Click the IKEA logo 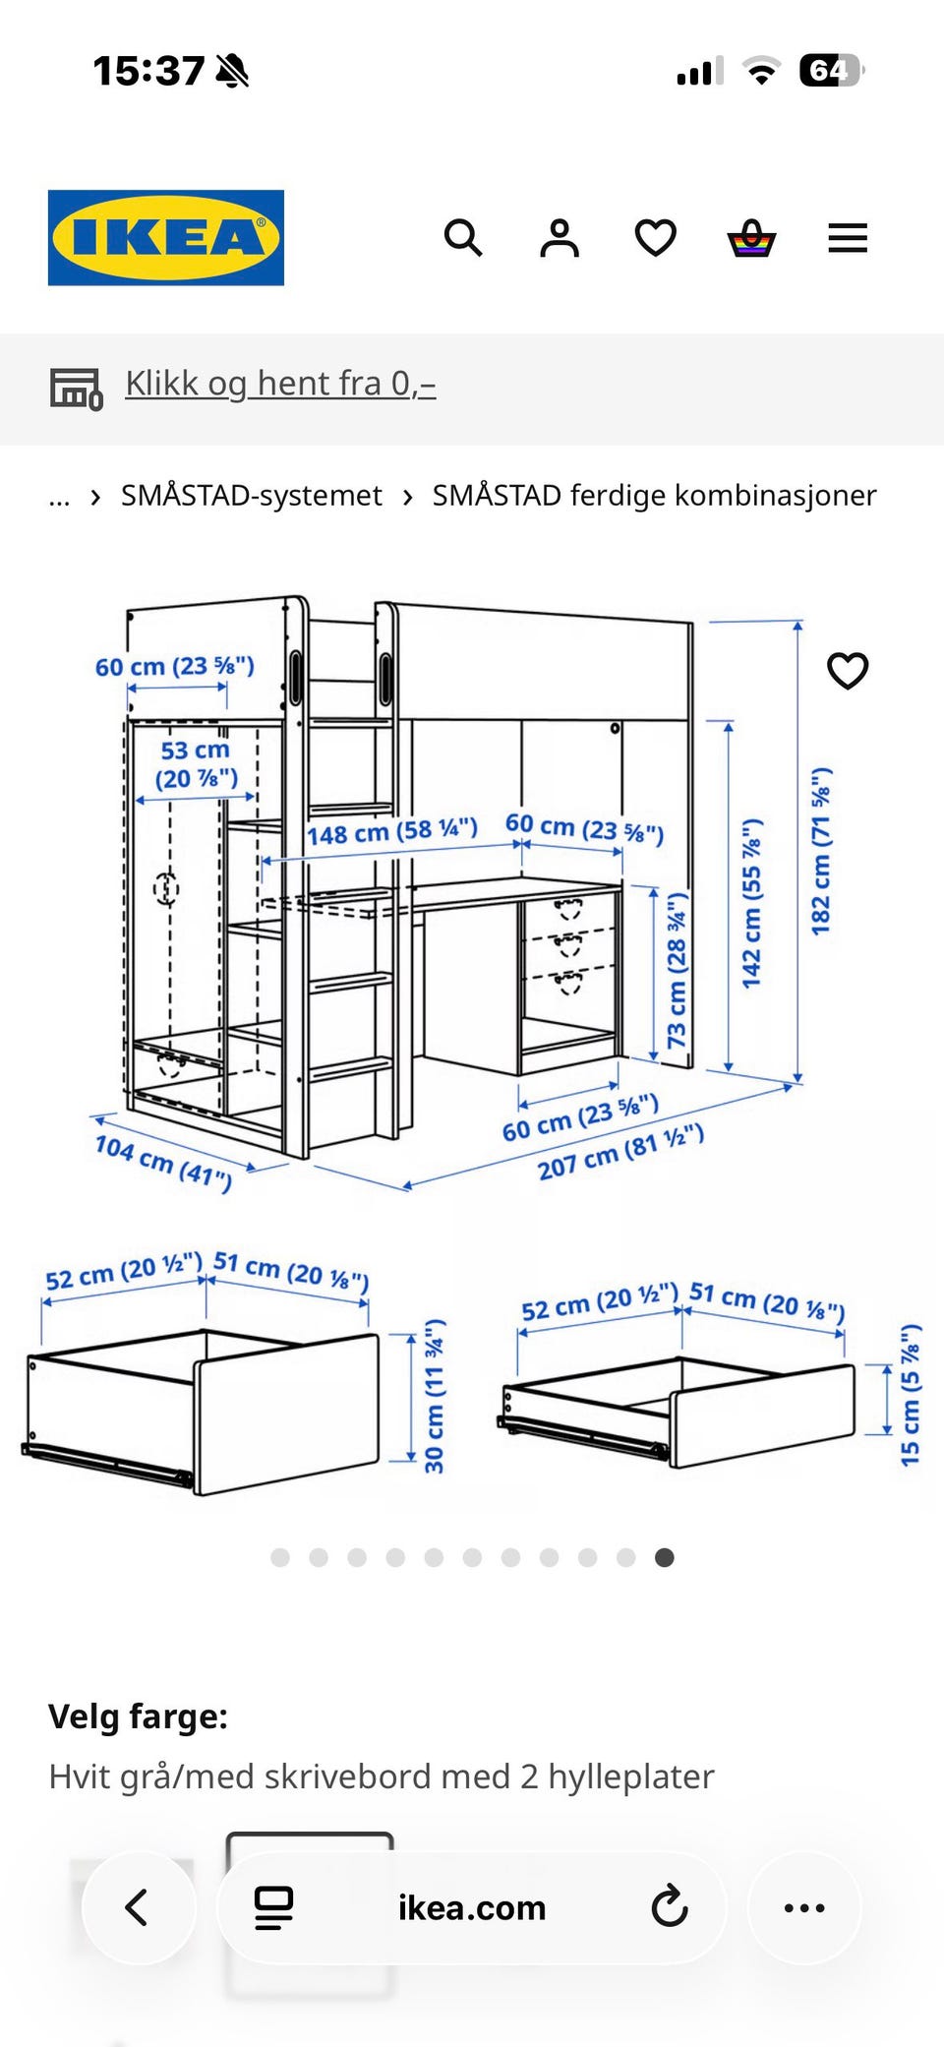[166, 238]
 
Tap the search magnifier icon [463, 238]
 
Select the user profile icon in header [560, 238]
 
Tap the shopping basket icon [751, 238]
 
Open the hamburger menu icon [848, 238]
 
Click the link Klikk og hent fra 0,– [280, 384]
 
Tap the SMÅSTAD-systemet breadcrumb [251, 496]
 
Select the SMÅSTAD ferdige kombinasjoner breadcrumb [654, 496]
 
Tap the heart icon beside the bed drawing [848, 671]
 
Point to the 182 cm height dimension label [821, 851]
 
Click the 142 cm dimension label [751, 903]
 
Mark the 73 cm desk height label [677, 970]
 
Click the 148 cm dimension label [392, 832]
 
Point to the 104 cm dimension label [163, 1162]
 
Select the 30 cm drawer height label [434, 1396]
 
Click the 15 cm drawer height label [911, 1395]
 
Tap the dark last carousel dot [665, 1557]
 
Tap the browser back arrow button [138, 1907]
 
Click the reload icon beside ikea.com [670, 1907]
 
